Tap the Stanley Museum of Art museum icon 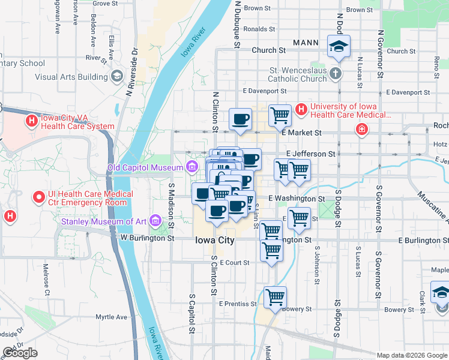[156, 221]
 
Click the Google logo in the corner [20, 353]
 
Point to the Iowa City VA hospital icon [31, 121]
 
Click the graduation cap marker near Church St [339, 46]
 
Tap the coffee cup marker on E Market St [241, 119]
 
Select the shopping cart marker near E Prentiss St [275, 297]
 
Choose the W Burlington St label [147, 238]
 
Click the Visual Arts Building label [71, 77]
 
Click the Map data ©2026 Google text [411, 355]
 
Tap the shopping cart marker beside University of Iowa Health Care [280, 115]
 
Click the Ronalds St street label [259, 29]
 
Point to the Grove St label [106, 4]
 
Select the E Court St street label [234, 263]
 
